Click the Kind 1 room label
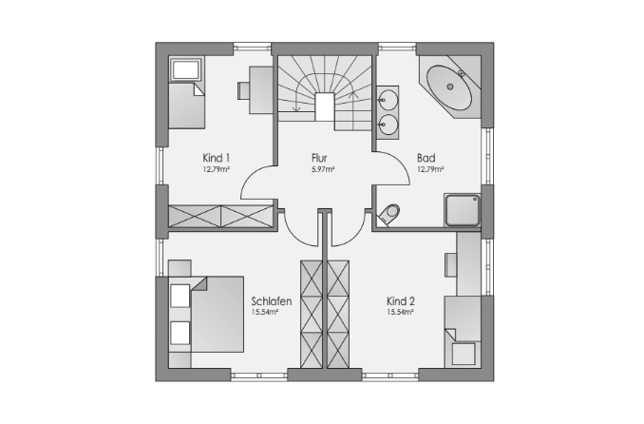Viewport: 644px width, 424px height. (216, 158)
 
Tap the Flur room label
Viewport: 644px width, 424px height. (319, 158)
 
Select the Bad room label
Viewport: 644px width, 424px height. (426, 158)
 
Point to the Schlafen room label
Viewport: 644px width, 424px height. (272, 301)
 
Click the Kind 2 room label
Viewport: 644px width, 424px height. (401, 301)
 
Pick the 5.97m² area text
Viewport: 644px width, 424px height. (323, 169)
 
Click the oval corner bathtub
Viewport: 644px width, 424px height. (449, 87)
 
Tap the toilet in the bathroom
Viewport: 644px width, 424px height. (388, 214)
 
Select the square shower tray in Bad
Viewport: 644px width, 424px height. (463, 210)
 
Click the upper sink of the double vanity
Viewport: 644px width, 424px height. (388, 100)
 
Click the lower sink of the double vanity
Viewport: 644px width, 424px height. (388, 125)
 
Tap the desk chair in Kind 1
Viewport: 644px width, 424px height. (243, 90)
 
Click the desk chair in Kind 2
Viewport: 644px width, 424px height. (451, 265)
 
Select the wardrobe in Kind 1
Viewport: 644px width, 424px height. (221, 216)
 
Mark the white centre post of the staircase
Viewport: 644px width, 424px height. (325, 106)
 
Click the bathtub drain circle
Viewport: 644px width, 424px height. (450, 87)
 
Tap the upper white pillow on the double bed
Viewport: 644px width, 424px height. (180, 296)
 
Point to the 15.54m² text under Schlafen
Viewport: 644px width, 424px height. (265, 312)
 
